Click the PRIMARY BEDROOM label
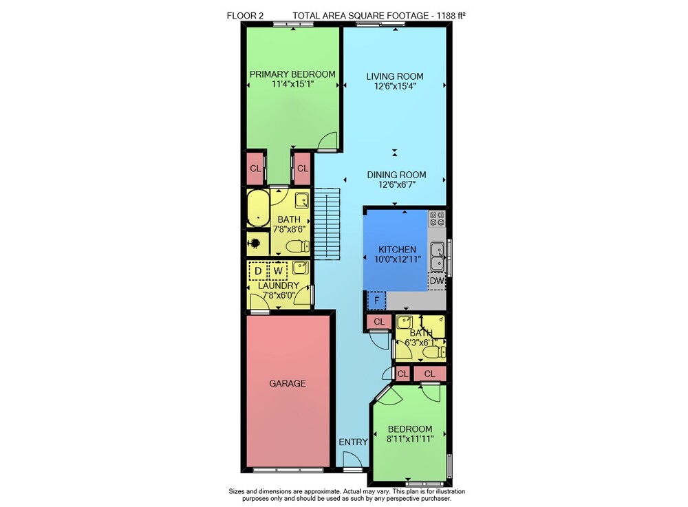tap(292, 74)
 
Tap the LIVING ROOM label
tap(395, 76)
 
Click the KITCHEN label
tap(397, 249)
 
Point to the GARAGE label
tap(288, 383)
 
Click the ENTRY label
tap(353, 442)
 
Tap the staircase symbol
tap(327, 224)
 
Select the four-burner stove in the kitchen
tap(437, 218)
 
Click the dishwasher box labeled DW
tap(437, 281)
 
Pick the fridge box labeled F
tap(376, 301)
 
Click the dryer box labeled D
tap(258, 271)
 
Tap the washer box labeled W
tap(278, 271)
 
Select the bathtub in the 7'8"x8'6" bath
tap(258, 208)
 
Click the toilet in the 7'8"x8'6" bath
tap(298, 246)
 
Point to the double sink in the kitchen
tap(437, 257)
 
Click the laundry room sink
tap(300, 268)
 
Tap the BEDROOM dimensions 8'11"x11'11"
tap(410, 439)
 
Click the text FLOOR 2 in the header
tap(245, 16)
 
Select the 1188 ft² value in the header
tap(451, 16)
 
